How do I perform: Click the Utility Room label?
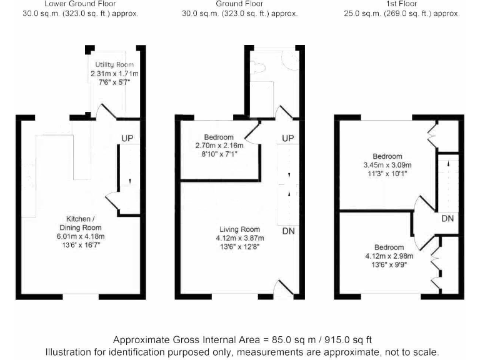point(114,65)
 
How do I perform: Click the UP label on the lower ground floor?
point(127,138)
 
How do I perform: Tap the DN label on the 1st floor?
point(447,219)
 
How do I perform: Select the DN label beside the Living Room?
point(288,231)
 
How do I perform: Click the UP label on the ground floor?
point(287,138)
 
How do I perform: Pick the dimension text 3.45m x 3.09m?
point(387,165)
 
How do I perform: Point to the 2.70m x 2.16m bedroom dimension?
point(218,146)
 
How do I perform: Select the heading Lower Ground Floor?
point(80,4)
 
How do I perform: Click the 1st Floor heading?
point(402,4)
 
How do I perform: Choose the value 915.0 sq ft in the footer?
point(347,340)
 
